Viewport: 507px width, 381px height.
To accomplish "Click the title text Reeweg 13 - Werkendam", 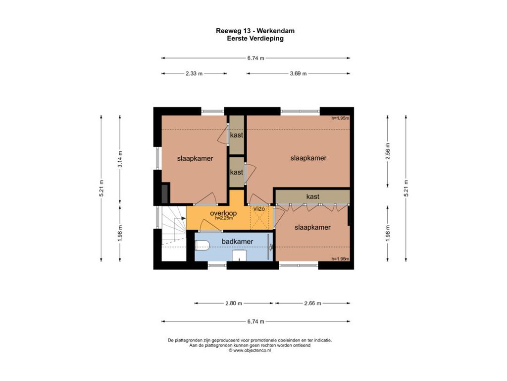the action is pyautogui.click(x=255, y=31).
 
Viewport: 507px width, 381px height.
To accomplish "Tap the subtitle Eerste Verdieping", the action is pyautogui.click(x=255, y=39).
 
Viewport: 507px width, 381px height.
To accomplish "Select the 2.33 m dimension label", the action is pyautogui.click(x=194, y=73).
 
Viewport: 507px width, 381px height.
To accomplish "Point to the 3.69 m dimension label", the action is pyautogui.click(x=298, y=73).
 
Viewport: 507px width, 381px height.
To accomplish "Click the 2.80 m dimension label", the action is pyautogui.click(x=234, y=304).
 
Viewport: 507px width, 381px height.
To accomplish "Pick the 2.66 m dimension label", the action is pyautogui.click(x=313, y=304).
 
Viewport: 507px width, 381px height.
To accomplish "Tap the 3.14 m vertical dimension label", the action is pyautogui.click(x=120, y=159).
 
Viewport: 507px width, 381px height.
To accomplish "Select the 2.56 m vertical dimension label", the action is pyautogui.click(x=388, y=151).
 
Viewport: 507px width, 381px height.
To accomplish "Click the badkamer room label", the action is pyautogui.click(x=237, y=242).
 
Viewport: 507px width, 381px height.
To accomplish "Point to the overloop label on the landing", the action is pyautogui.click(x=223, y=213).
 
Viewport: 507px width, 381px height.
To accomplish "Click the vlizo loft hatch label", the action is pyautogui.click(x=259, y=209).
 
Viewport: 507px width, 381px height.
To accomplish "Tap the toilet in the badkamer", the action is pyautogui.click(x=202, y=246).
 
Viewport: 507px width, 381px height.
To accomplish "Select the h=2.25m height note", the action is pyautogui.click(x=224, y=218).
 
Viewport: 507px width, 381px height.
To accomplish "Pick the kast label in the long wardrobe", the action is pyautogui.click(x=313, y=196).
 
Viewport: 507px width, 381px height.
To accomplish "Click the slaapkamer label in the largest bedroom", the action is pyautogui.click(x=308, y=158).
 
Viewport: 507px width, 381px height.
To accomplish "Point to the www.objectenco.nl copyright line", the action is pyautogui.click(x=250, y=350).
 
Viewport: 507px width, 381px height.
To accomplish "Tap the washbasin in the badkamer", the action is pyautogui.click(x=239, y=255).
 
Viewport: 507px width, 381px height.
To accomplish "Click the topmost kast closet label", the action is pyautogui.click(x=236, y=135).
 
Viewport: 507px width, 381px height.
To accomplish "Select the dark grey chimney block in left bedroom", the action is pyautogui.click(x=165, y=193).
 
